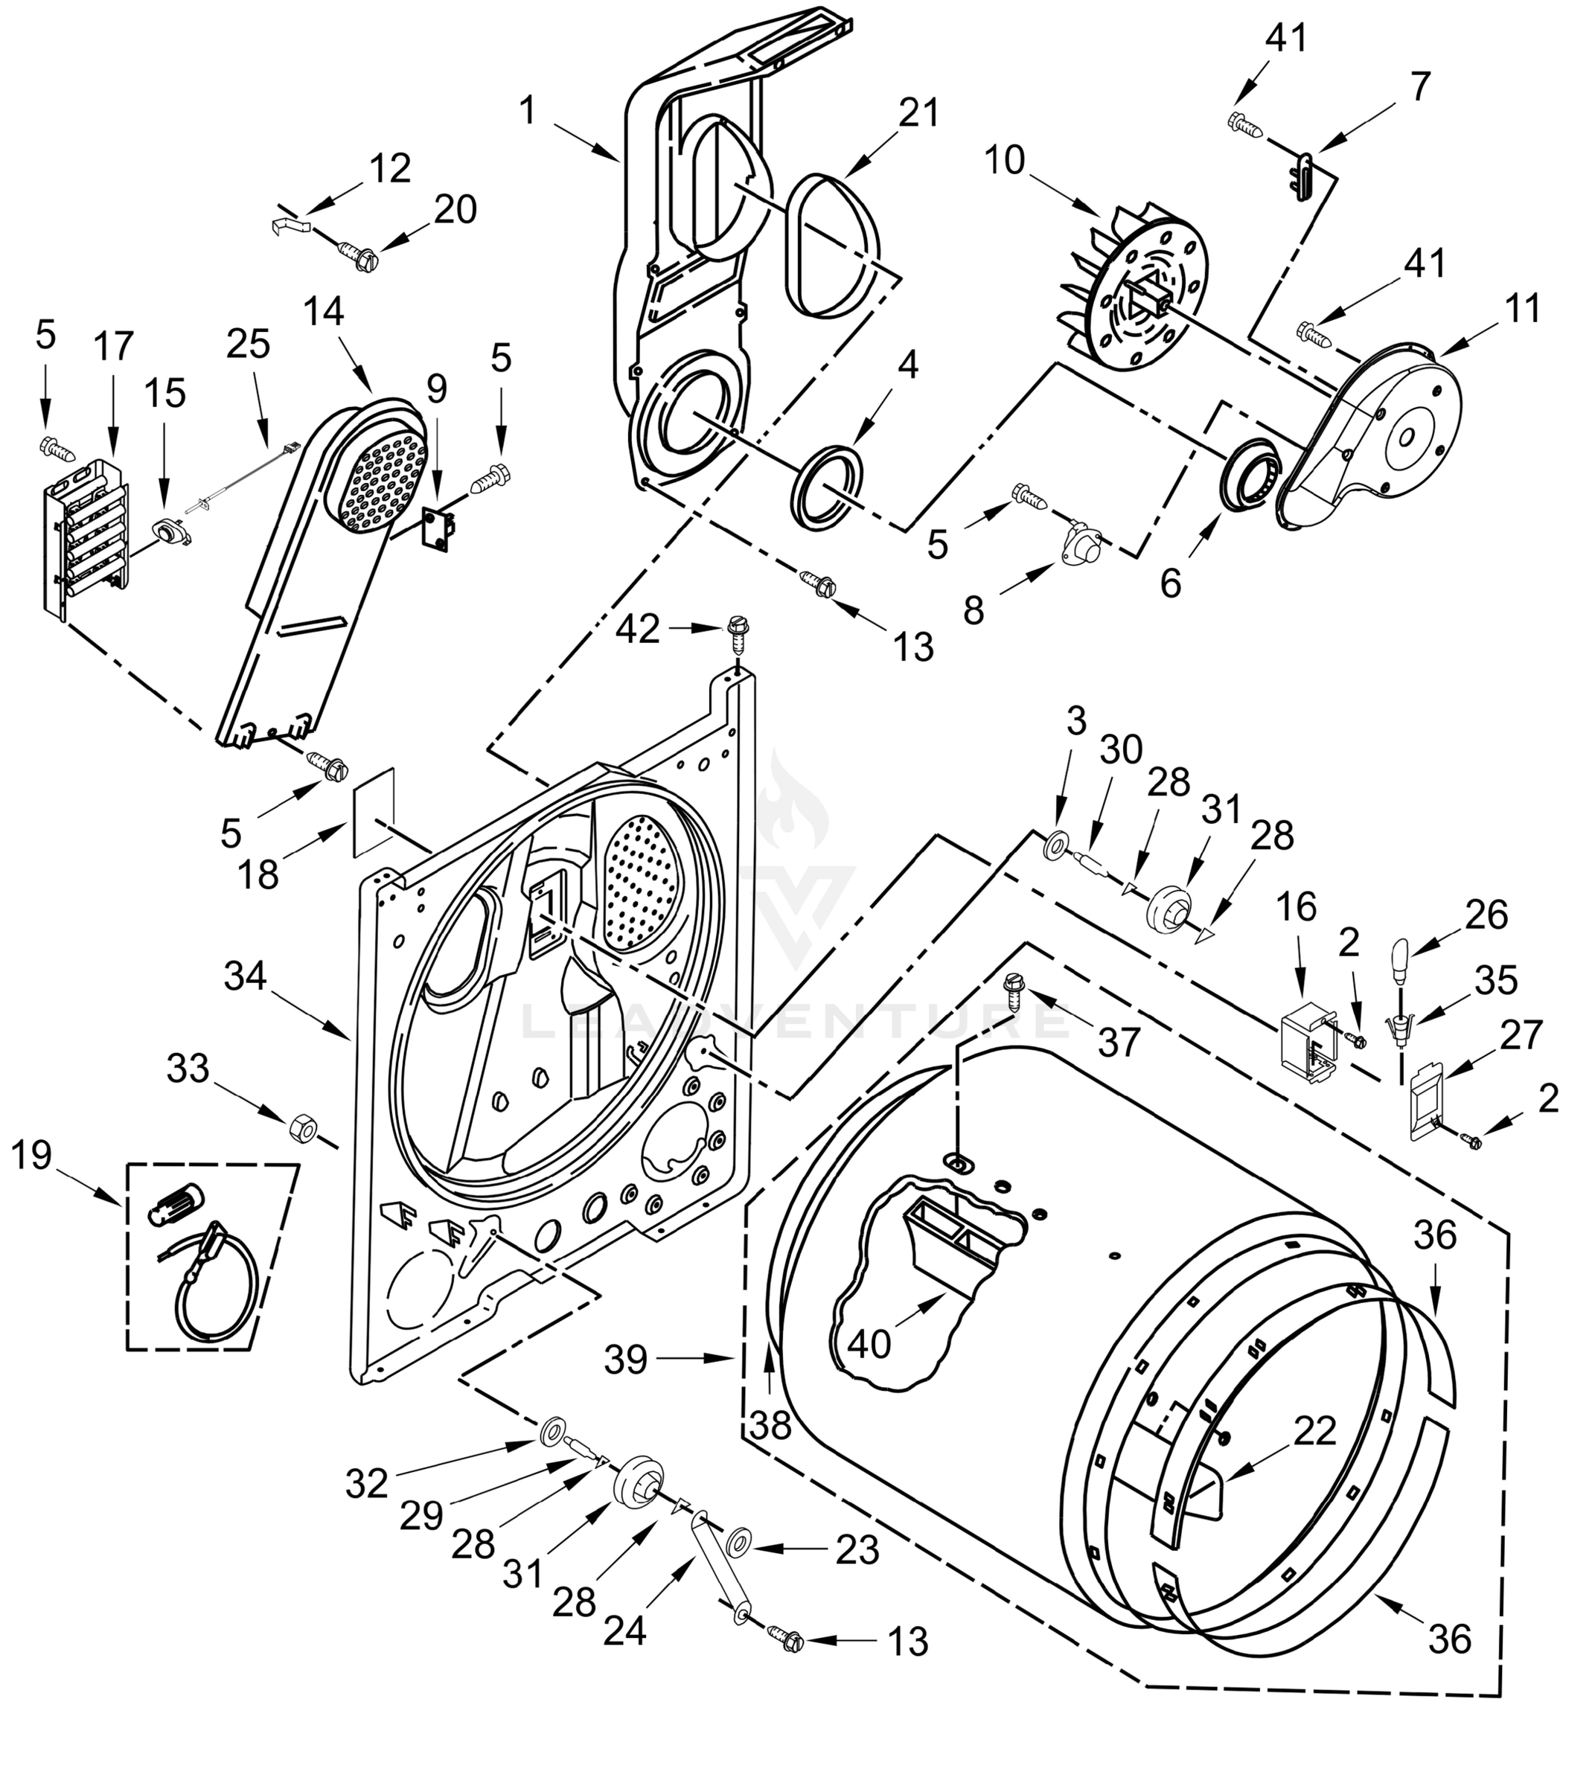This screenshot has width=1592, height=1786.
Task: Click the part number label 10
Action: pyautogui.click(x=1003, y=161)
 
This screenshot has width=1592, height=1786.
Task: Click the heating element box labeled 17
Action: pyautogui.click(x=86, y=542)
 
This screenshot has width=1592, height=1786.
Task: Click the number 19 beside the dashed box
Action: pyautogui.click(x=32, y=1156)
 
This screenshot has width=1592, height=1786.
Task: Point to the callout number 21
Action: pyautogui.click(x=918, y=113)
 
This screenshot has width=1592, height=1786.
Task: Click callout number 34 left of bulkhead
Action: pyautogui.click(x=245, y=975)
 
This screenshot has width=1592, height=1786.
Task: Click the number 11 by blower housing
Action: pyautogui.click(x=1523, y=310)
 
